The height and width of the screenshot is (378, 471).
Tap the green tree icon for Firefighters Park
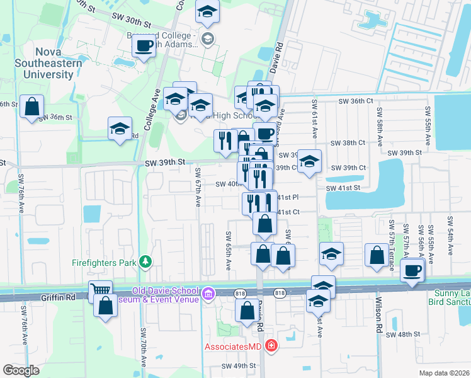pos(145,261)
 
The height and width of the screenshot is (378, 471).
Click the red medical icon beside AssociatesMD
pos(271,345)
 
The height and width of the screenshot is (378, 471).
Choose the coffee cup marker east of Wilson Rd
pos(412,271)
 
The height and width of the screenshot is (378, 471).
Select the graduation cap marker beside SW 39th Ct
pos(309,161)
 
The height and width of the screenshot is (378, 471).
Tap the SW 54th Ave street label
pos(450,236)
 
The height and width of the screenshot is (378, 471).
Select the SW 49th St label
pos(239,365)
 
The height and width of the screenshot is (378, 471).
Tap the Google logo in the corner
pos(21,370)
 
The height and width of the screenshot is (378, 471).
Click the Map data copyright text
pos(443,373)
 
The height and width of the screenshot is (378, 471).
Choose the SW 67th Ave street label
pos(198,187)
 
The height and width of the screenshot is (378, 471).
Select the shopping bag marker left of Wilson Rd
pos(376,255)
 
